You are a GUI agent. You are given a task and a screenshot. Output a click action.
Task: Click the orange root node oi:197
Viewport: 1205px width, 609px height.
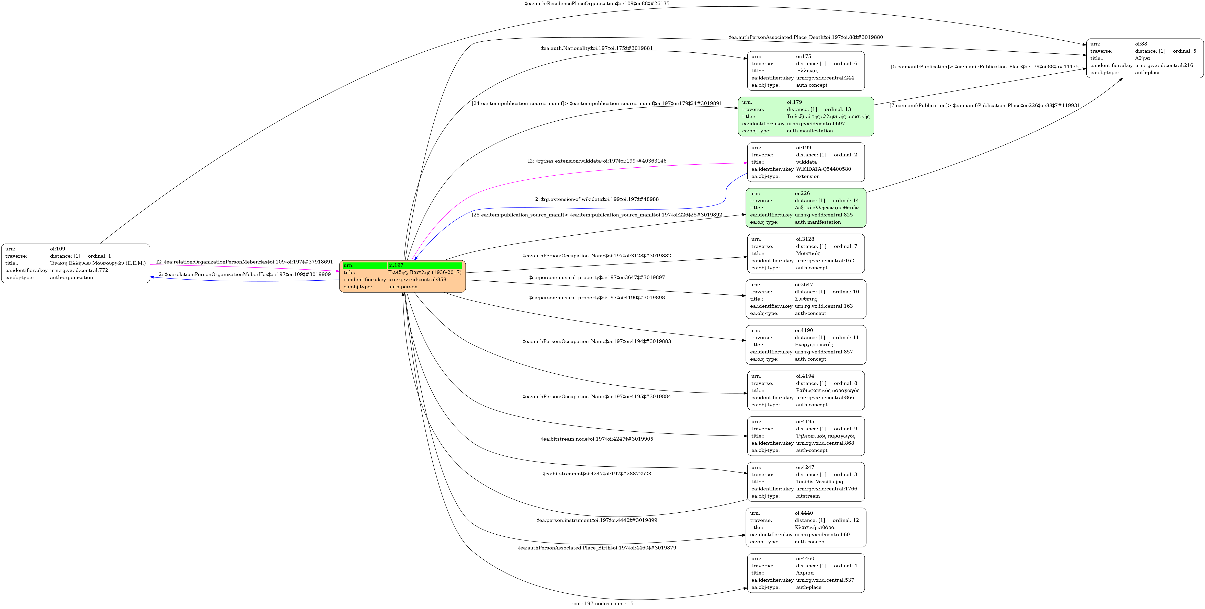(402, 276)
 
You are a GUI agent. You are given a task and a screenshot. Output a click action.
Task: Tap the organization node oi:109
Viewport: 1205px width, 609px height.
(75, 263)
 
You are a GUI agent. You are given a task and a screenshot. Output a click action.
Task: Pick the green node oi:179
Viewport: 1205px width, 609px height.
(806, 117)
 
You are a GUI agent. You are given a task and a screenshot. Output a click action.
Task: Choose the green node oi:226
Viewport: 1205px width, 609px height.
(806, 208)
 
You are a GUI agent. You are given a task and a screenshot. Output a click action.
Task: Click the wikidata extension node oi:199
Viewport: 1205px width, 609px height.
(806, 162)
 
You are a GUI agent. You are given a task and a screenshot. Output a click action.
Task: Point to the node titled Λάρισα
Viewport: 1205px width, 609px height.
(806, 573)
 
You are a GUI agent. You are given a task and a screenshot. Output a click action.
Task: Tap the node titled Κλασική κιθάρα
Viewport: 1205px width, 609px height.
(806, 527)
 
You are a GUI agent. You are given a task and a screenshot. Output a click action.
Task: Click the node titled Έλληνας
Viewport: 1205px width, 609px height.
(806, 71)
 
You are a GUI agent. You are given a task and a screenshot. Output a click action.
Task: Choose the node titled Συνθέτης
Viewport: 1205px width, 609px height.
(806, 299)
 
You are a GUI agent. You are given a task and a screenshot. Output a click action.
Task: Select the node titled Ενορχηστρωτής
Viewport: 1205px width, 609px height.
(806, 345)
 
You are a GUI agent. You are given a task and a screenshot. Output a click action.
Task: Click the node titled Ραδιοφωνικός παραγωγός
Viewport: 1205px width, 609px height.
(806, 390)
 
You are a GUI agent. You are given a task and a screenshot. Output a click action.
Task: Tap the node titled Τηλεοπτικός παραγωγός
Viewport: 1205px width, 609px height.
(806, 436)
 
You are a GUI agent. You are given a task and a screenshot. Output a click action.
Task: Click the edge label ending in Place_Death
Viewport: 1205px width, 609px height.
(806, 37)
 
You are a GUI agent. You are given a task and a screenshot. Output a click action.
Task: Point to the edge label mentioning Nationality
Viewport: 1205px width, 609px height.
(596, 48)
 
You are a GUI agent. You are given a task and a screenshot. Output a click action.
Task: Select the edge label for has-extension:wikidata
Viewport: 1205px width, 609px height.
(597, 161)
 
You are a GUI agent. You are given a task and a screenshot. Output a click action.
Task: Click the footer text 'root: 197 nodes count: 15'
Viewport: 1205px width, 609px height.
(602, 603)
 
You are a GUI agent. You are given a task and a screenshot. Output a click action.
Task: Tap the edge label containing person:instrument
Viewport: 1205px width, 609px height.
(596, 520)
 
